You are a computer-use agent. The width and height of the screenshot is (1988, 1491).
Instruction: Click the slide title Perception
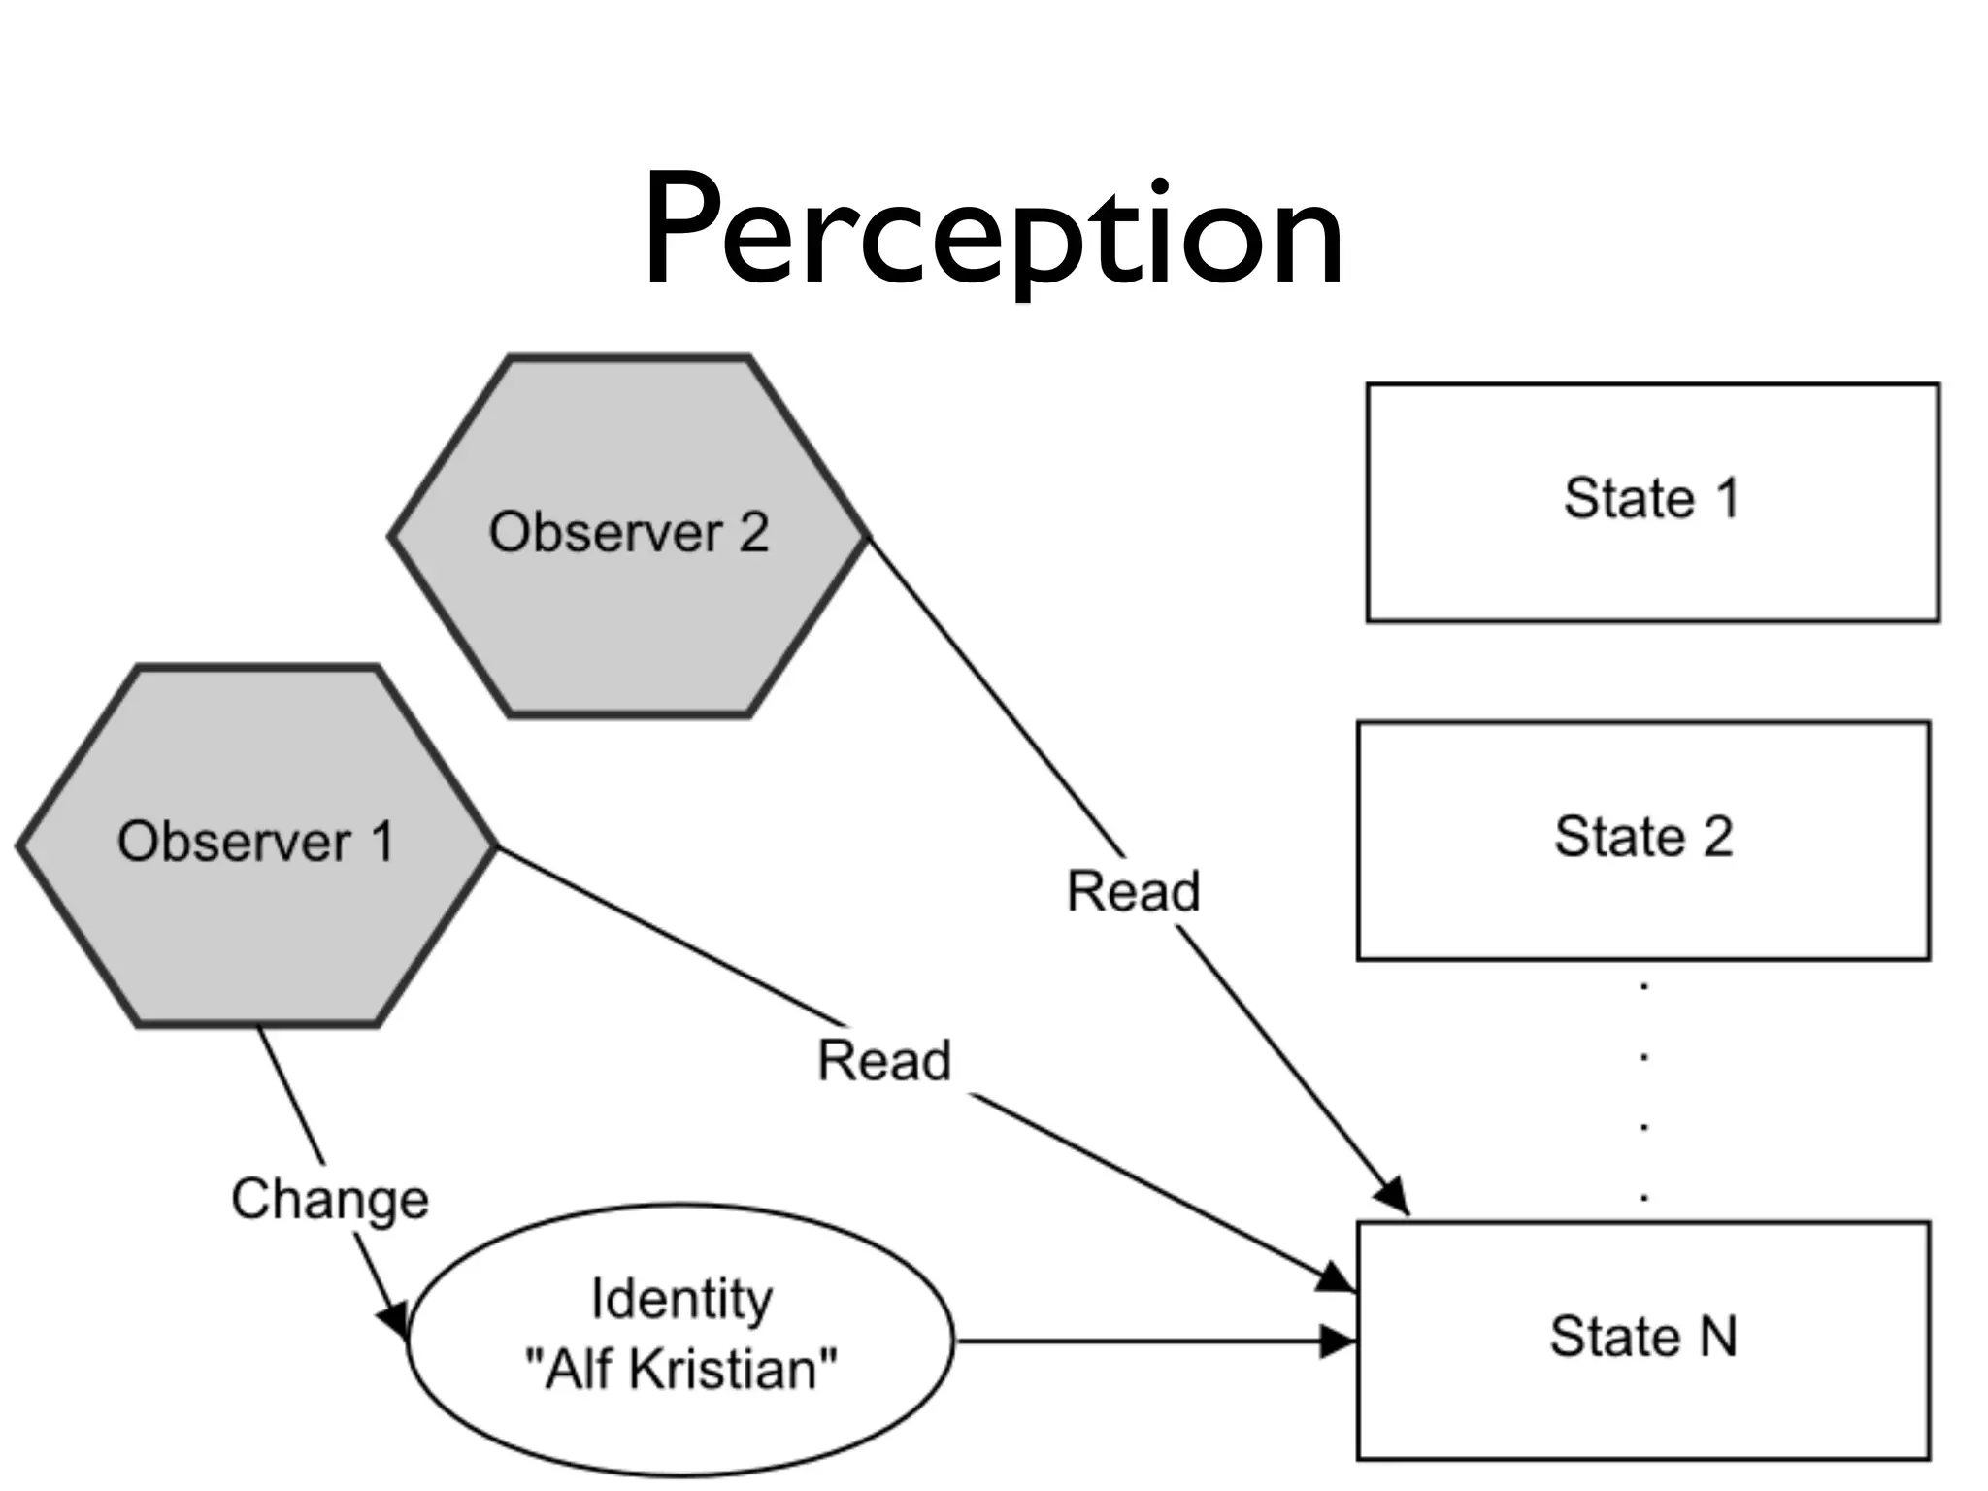point(992,233)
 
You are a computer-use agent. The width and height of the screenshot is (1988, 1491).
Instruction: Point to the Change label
point(330,1199)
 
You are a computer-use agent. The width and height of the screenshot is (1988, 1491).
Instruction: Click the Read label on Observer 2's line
point(1134,891)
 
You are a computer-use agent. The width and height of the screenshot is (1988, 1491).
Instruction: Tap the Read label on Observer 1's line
point(884,1060)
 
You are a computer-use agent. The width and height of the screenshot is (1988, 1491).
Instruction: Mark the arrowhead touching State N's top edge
point(1393,1195)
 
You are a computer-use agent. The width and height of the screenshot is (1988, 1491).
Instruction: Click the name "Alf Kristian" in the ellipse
point(680,1370)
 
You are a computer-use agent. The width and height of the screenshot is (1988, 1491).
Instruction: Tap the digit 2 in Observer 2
point(753,532)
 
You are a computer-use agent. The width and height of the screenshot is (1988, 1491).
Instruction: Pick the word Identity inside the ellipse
point(681,1300)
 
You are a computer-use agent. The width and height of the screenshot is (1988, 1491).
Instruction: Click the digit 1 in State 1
point(1727,498)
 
